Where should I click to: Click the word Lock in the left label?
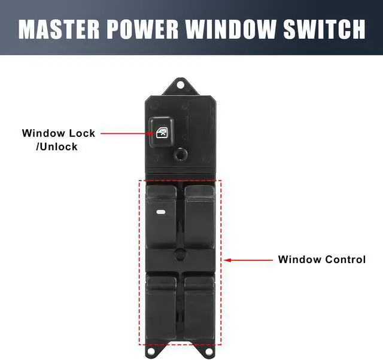click(81, 133)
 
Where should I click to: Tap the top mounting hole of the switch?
click(181, 84)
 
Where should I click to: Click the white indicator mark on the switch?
click(161, 211)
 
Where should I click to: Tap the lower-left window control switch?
click(160, 305)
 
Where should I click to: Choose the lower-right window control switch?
click(200, 305)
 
